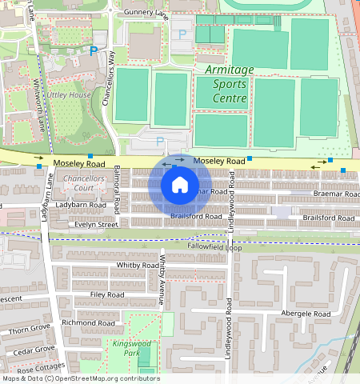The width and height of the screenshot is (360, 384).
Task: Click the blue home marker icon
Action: coord(180,185)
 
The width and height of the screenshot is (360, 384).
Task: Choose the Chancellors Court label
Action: coord(85,182)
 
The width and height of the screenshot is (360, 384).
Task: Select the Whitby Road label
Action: coord(138,265)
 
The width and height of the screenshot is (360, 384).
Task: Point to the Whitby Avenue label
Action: coord(162,279)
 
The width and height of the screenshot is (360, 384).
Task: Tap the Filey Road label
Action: coord(107,294)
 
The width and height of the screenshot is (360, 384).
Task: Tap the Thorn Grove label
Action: coord(29,329)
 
